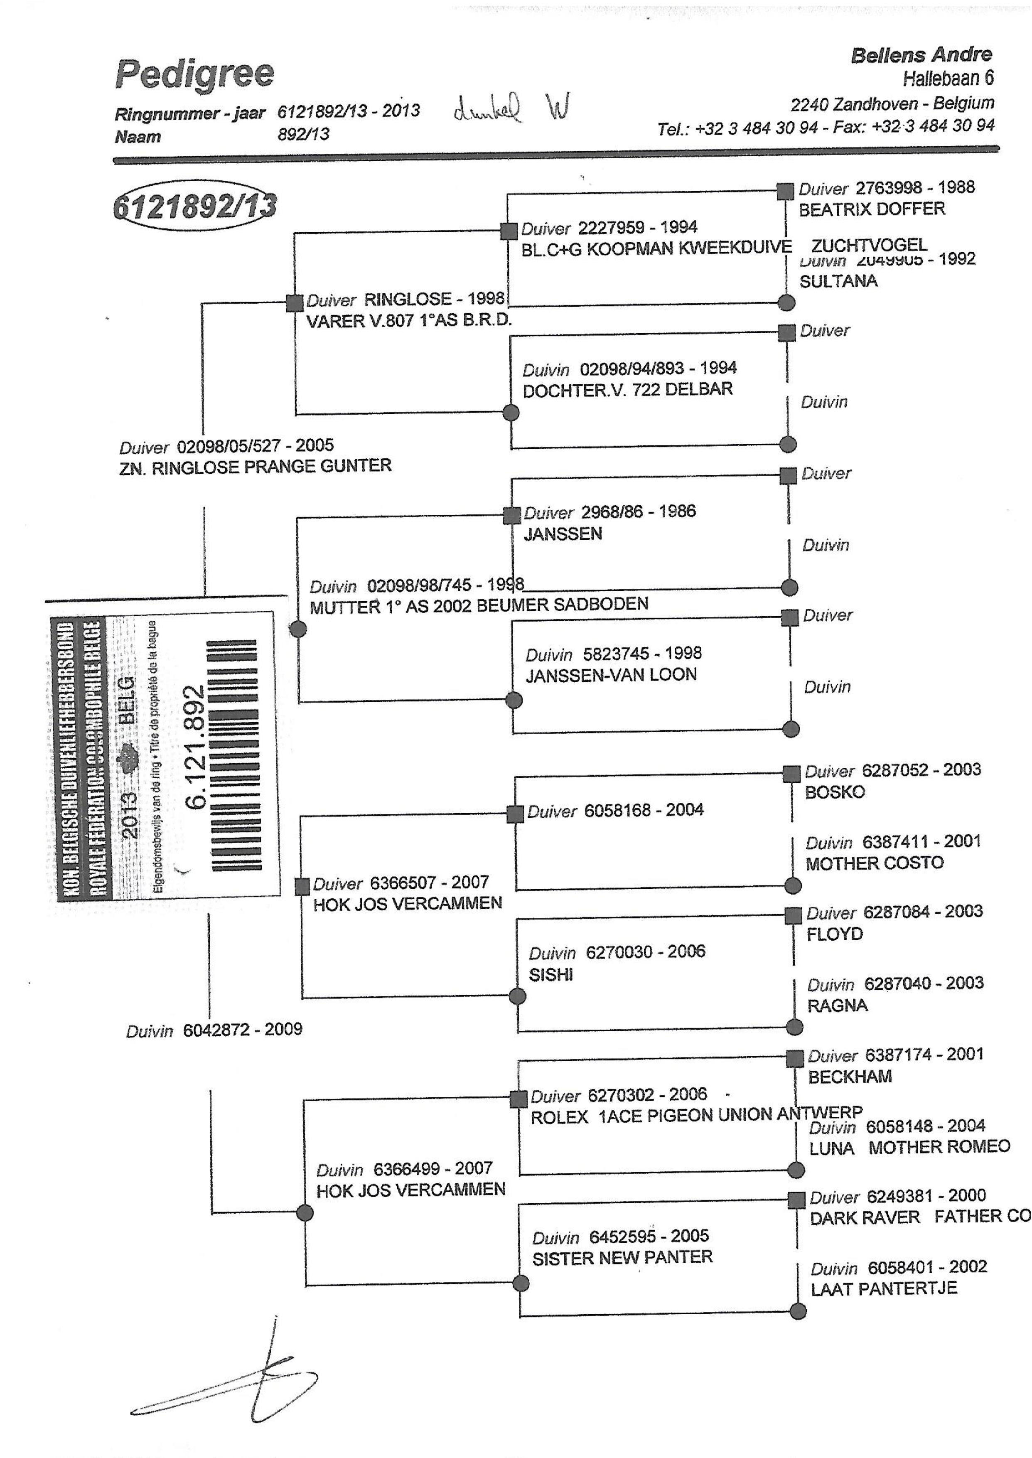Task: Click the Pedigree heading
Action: [x=194, y=75]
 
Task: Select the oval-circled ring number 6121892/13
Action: [x=194, y=206]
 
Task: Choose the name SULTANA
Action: [x=838, y=281]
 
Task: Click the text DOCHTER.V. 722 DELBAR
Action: [x=627, y=390]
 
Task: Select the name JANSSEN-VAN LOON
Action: [x=611, y=674]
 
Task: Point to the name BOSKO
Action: [x=834, y=792]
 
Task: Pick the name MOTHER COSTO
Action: [x=875, y=863]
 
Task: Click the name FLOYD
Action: [x=834, y=934]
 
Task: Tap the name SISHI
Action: [x=550, y=974]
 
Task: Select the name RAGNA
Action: [x=837, y=1006]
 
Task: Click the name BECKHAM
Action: [x=850, y=1077]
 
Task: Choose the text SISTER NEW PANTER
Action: [x=622, y=1257]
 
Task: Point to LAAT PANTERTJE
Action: [x=883, y=1288]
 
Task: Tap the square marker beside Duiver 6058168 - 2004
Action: [x=515, y=814]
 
